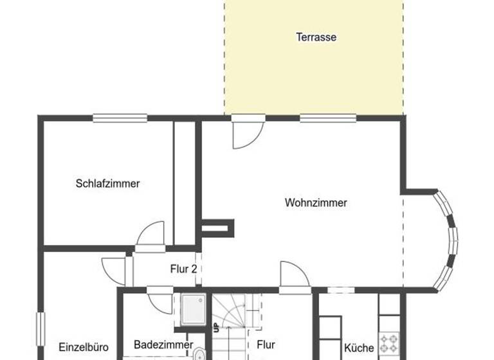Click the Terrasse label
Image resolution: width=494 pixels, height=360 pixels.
(316, 37)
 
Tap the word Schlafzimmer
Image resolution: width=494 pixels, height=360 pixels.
(107, 183)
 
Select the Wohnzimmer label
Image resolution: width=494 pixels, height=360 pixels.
(316, 203)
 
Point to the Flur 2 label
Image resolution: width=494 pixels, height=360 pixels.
(183, 269)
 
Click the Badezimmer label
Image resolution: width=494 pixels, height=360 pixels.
(163, 345)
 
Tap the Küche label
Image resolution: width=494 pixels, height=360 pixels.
(359, 348)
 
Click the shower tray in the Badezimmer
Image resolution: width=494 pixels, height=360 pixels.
(192, 309)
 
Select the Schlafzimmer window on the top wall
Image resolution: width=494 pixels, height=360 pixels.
(120, 118)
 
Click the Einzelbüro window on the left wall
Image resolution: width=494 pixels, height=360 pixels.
(39, 334)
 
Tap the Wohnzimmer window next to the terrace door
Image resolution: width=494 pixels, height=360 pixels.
(327, 118)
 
